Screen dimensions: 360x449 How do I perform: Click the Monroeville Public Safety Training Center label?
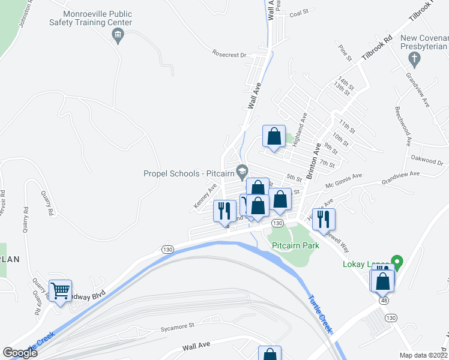pyautogui.click(x=90, y=18)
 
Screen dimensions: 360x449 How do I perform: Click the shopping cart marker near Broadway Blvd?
pyautogui.click(x=61, y=292)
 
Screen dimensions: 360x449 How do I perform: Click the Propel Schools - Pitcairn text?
pyautogui.click(x=188, y=173)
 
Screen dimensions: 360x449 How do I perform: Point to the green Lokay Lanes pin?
pyautogui.click(x=396, y=262)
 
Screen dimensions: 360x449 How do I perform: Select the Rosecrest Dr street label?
pyautogui.click(x=229, y=55)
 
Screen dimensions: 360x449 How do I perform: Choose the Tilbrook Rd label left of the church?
pyautogui.click(x=376, y=47)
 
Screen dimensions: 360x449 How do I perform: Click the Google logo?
pyautogui.click(x=20, y=353)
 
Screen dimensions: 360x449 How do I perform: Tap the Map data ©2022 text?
pyautogui.click(x=423, y=355)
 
